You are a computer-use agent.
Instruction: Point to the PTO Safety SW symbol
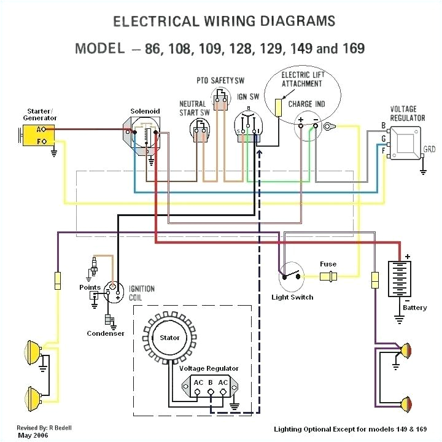[x=220, y=99]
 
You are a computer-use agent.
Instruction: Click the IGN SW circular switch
[x=249, y=127]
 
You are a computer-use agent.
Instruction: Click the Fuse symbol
[x=328, y=275]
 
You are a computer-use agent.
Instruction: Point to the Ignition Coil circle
[x=113, y=290]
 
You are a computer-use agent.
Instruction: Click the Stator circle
[x=170, y=338]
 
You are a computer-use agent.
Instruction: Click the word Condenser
[x=106, y=333]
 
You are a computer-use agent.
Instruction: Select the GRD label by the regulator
[x=430, y=149]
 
